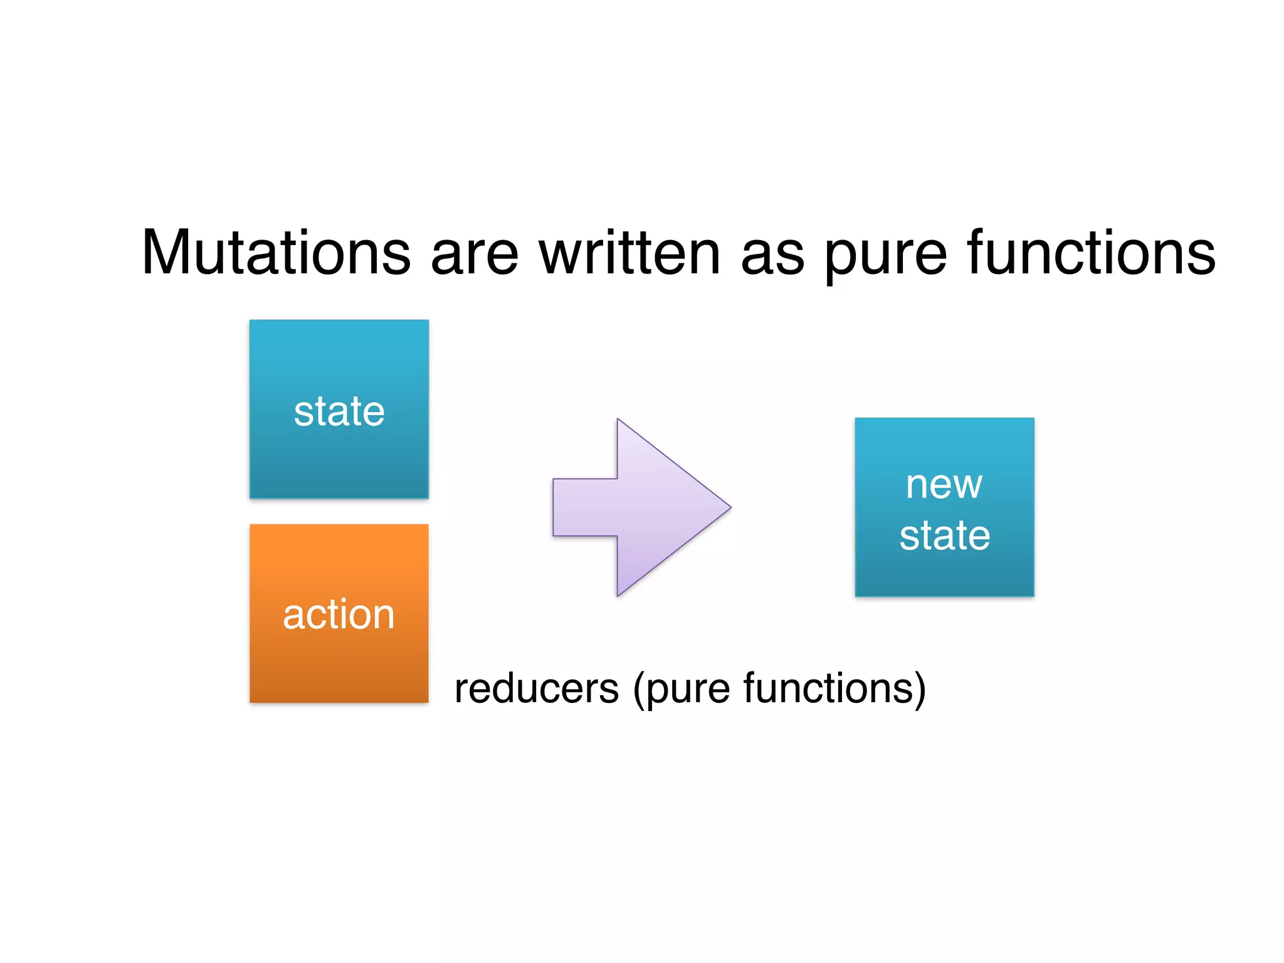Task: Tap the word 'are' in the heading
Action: [475, 257]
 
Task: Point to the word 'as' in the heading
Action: [772, 257]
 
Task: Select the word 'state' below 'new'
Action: [944, 536]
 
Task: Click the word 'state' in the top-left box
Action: [339, 412]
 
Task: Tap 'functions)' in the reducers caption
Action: [834, 688]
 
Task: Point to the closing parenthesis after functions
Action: [920, 690]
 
